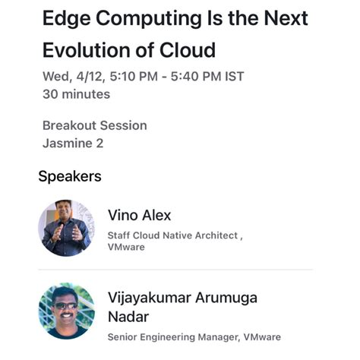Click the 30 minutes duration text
76,94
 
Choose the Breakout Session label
94,125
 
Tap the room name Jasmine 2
73,142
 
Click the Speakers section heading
70,176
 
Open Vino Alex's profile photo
67,226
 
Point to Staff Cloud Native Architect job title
174,235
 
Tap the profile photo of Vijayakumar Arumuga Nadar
67,311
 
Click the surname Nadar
128,316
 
